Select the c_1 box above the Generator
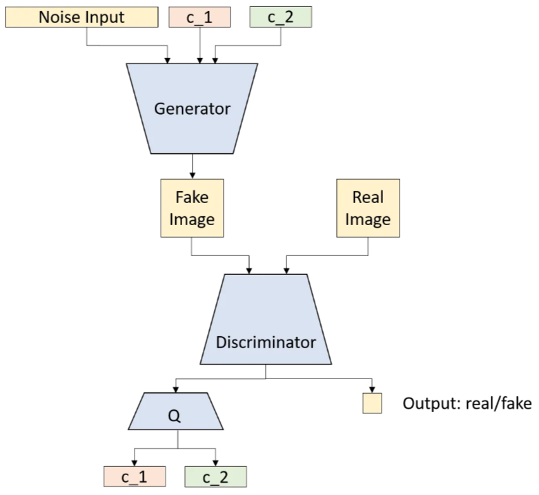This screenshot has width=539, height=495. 199,16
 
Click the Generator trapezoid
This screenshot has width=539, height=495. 192,108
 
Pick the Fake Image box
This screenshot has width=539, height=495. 191,208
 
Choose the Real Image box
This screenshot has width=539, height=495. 368,208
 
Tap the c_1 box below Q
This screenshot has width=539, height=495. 135,476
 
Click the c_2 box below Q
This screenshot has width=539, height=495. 215,476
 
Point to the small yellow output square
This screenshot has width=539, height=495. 373,403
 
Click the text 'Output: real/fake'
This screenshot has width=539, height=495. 467,403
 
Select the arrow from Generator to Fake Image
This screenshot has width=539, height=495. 192,166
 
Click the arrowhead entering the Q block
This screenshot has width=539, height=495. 179,388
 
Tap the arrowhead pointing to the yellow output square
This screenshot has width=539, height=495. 373,389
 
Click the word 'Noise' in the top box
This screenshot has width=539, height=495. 57,16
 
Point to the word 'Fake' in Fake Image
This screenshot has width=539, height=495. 192,197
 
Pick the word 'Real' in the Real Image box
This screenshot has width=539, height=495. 368,197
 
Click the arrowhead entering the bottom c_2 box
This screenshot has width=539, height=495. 215,462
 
